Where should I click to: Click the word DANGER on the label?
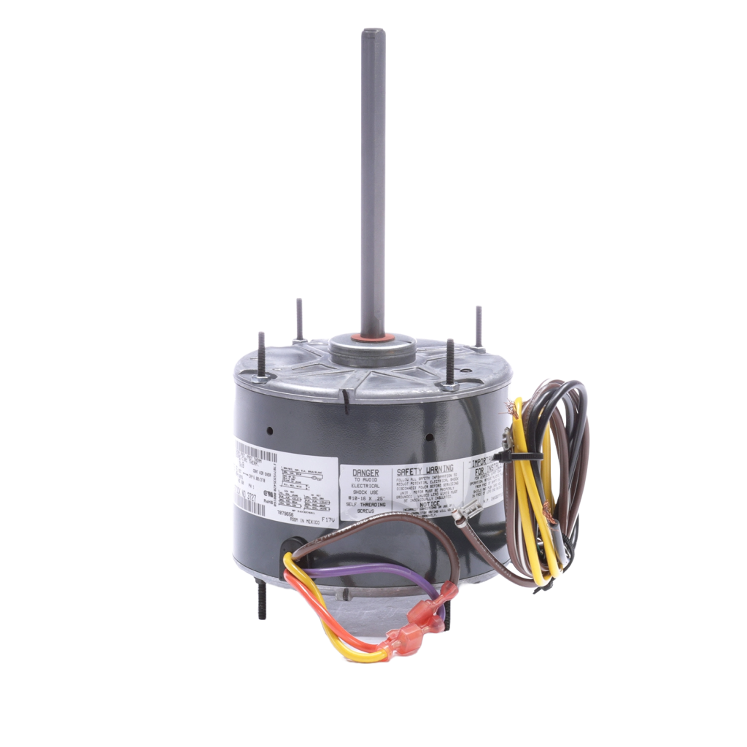(365, 473)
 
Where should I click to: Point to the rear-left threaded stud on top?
(298, 317)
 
